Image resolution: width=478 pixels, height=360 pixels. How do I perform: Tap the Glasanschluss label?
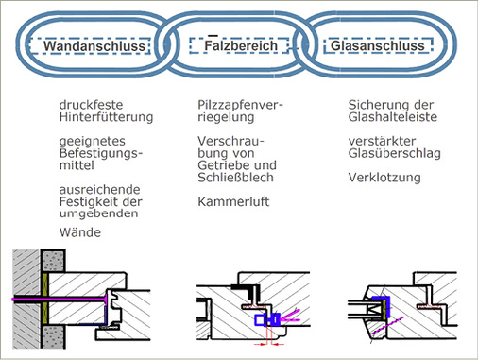point(378,44)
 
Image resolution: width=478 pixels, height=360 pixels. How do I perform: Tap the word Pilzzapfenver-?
point(242,105)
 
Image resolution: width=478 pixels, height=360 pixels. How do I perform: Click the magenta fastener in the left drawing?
point(57,299)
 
